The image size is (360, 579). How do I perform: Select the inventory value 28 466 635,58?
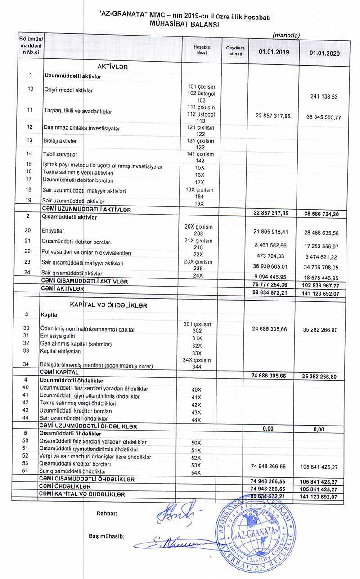(x=319, y=233)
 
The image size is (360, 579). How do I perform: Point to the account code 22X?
(x=198, y=254)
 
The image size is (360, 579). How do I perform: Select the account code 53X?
(x=196, y=465)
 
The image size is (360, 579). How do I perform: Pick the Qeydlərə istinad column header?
(x=235, y=51)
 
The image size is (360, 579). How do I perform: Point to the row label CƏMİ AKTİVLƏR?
(x=63, y=288)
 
